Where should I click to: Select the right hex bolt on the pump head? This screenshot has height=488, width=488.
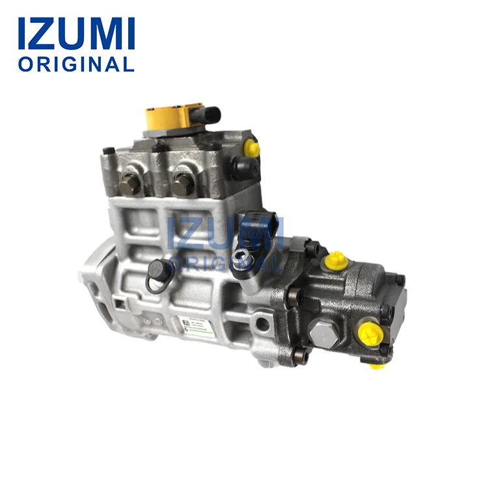(x=182, y=186)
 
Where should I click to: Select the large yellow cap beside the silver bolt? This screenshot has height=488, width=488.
(x=369, y=335)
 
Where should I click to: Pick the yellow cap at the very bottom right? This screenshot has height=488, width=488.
(x=377, y=365)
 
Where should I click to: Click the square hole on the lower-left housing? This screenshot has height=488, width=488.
(x=120, y=302)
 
